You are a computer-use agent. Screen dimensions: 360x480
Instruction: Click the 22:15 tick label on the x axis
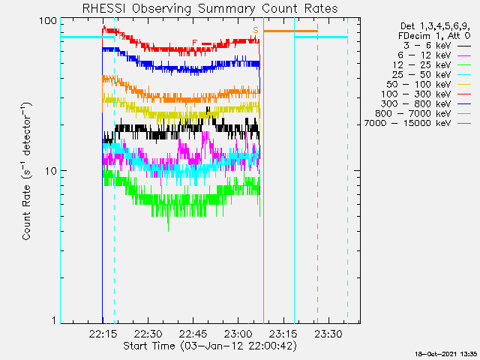[x=103, y=333]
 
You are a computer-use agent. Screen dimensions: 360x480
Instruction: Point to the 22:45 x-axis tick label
[x=193, y=333]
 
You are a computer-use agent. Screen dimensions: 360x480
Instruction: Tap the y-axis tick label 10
[x=50, y=171]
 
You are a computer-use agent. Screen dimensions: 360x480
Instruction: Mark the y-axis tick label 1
[x=53, y=321]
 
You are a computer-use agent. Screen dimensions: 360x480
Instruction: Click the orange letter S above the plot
[x=256, y=30]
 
